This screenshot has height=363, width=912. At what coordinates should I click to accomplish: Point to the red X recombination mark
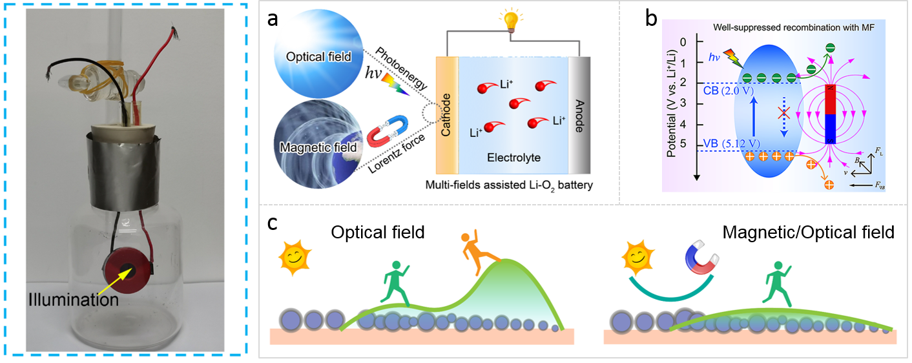[x=783, y=113]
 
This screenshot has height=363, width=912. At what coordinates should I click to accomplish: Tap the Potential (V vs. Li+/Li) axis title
[x=672, y=107]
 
